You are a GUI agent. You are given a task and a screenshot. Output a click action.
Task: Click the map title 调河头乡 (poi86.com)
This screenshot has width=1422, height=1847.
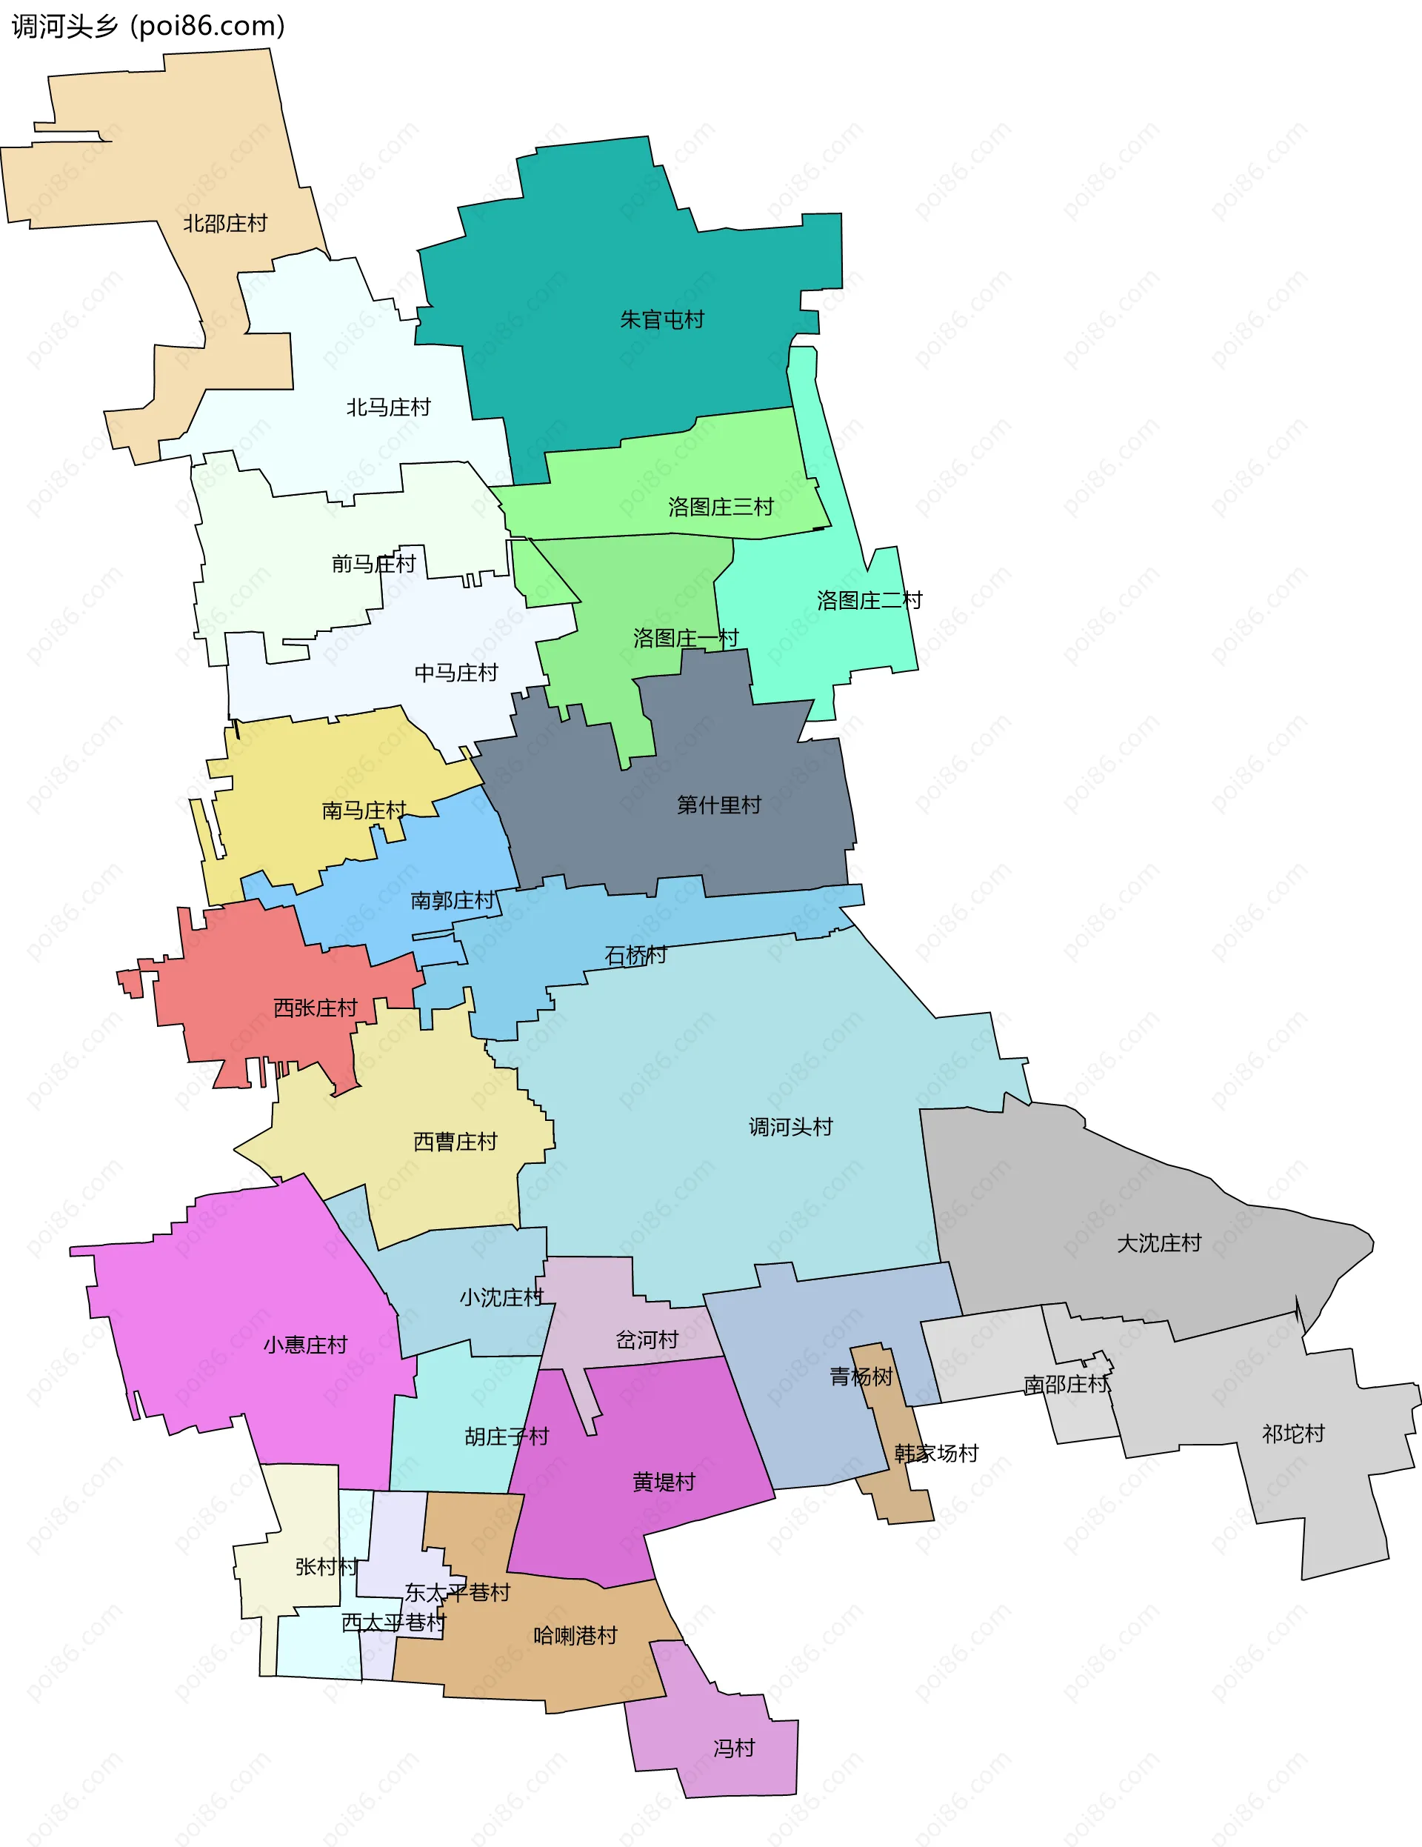(149, 26)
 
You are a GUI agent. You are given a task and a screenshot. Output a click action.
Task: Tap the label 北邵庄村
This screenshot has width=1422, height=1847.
(225, 223)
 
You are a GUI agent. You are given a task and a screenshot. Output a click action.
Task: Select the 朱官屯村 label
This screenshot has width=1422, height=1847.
(662, 319)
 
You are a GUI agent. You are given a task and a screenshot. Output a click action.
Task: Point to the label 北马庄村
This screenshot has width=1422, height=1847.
(388, 407)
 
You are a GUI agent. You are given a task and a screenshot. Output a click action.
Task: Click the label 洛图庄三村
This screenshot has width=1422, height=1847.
(721, 507)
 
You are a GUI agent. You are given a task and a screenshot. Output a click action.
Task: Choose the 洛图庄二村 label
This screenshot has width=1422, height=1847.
(869, 600)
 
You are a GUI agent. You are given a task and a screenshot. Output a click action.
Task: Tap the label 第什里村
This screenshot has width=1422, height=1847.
(718, 805)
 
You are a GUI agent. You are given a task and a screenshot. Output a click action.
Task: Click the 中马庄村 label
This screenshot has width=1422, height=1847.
(455, 673)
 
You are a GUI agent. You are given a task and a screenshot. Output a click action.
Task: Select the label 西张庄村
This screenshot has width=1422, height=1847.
(316, 1008)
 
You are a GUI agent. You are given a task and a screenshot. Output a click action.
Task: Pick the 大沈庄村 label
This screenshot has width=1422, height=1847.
(1158, 1243)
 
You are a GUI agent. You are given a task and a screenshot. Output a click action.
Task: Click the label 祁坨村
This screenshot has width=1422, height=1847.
(1292, 1434)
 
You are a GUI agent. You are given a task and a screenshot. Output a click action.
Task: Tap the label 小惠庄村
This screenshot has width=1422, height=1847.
(305, 1345)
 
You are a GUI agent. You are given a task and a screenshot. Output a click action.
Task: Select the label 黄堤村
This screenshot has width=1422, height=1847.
(664, 1482)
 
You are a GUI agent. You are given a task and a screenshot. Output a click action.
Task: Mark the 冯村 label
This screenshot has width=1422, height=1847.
(733, 1748)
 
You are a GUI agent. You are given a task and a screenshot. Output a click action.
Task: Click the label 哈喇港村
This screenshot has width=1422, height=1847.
(575, 1636)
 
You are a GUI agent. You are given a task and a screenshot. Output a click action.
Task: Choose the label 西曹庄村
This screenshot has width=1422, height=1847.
(455, 1142)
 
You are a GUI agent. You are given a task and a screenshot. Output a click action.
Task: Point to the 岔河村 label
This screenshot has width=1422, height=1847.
(647, 1340)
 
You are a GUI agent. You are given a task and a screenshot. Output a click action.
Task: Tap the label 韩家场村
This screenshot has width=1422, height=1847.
(936, 1453)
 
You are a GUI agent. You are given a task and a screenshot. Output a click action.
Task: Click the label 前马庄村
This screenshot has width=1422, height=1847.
(374, 563)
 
